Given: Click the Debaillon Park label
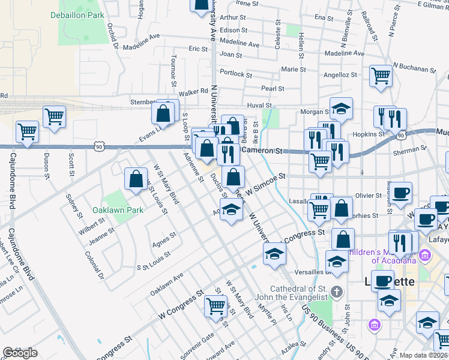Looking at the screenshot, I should coord(77,14).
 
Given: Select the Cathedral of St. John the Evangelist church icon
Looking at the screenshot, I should coord(336,292).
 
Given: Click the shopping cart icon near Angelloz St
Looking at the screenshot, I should coord(380,76).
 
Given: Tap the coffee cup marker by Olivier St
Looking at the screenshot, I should coord(401,193).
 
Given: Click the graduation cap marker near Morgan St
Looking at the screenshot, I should coord(341,109).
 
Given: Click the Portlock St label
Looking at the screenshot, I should coord(236,74).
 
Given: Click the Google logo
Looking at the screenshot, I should coord(20,353).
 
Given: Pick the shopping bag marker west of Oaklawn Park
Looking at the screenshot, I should coord(136,178).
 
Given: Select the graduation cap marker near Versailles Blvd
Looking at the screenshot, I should coord(337,262).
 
